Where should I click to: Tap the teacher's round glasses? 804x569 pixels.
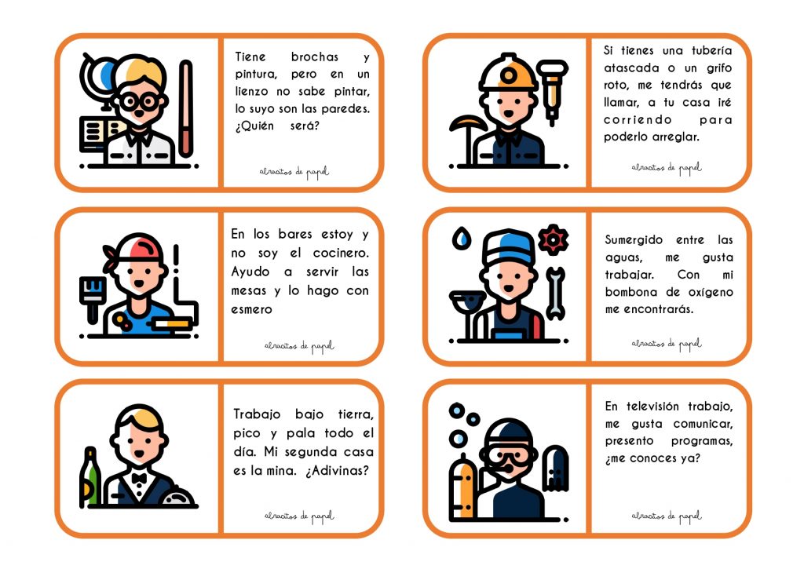tap(139, 101)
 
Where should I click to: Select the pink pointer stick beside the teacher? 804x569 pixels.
tap(185, 108)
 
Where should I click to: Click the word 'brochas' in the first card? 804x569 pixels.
tap(314, 57)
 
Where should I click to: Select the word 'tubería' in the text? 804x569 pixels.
tap(711, 51)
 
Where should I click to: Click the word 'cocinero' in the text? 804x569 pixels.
tap(341, 253)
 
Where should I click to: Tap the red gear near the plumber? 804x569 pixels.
tap(553, 239)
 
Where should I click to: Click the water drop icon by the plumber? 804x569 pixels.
tap(462, 239)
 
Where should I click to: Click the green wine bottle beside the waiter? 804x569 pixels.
tap(90, 476)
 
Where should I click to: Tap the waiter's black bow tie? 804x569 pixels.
tap(139, 478)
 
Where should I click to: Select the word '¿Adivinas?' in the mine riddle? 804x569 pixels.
tap(337, 471)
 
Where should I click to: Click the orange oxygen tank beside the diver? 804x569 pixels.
tap(463, 487)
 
